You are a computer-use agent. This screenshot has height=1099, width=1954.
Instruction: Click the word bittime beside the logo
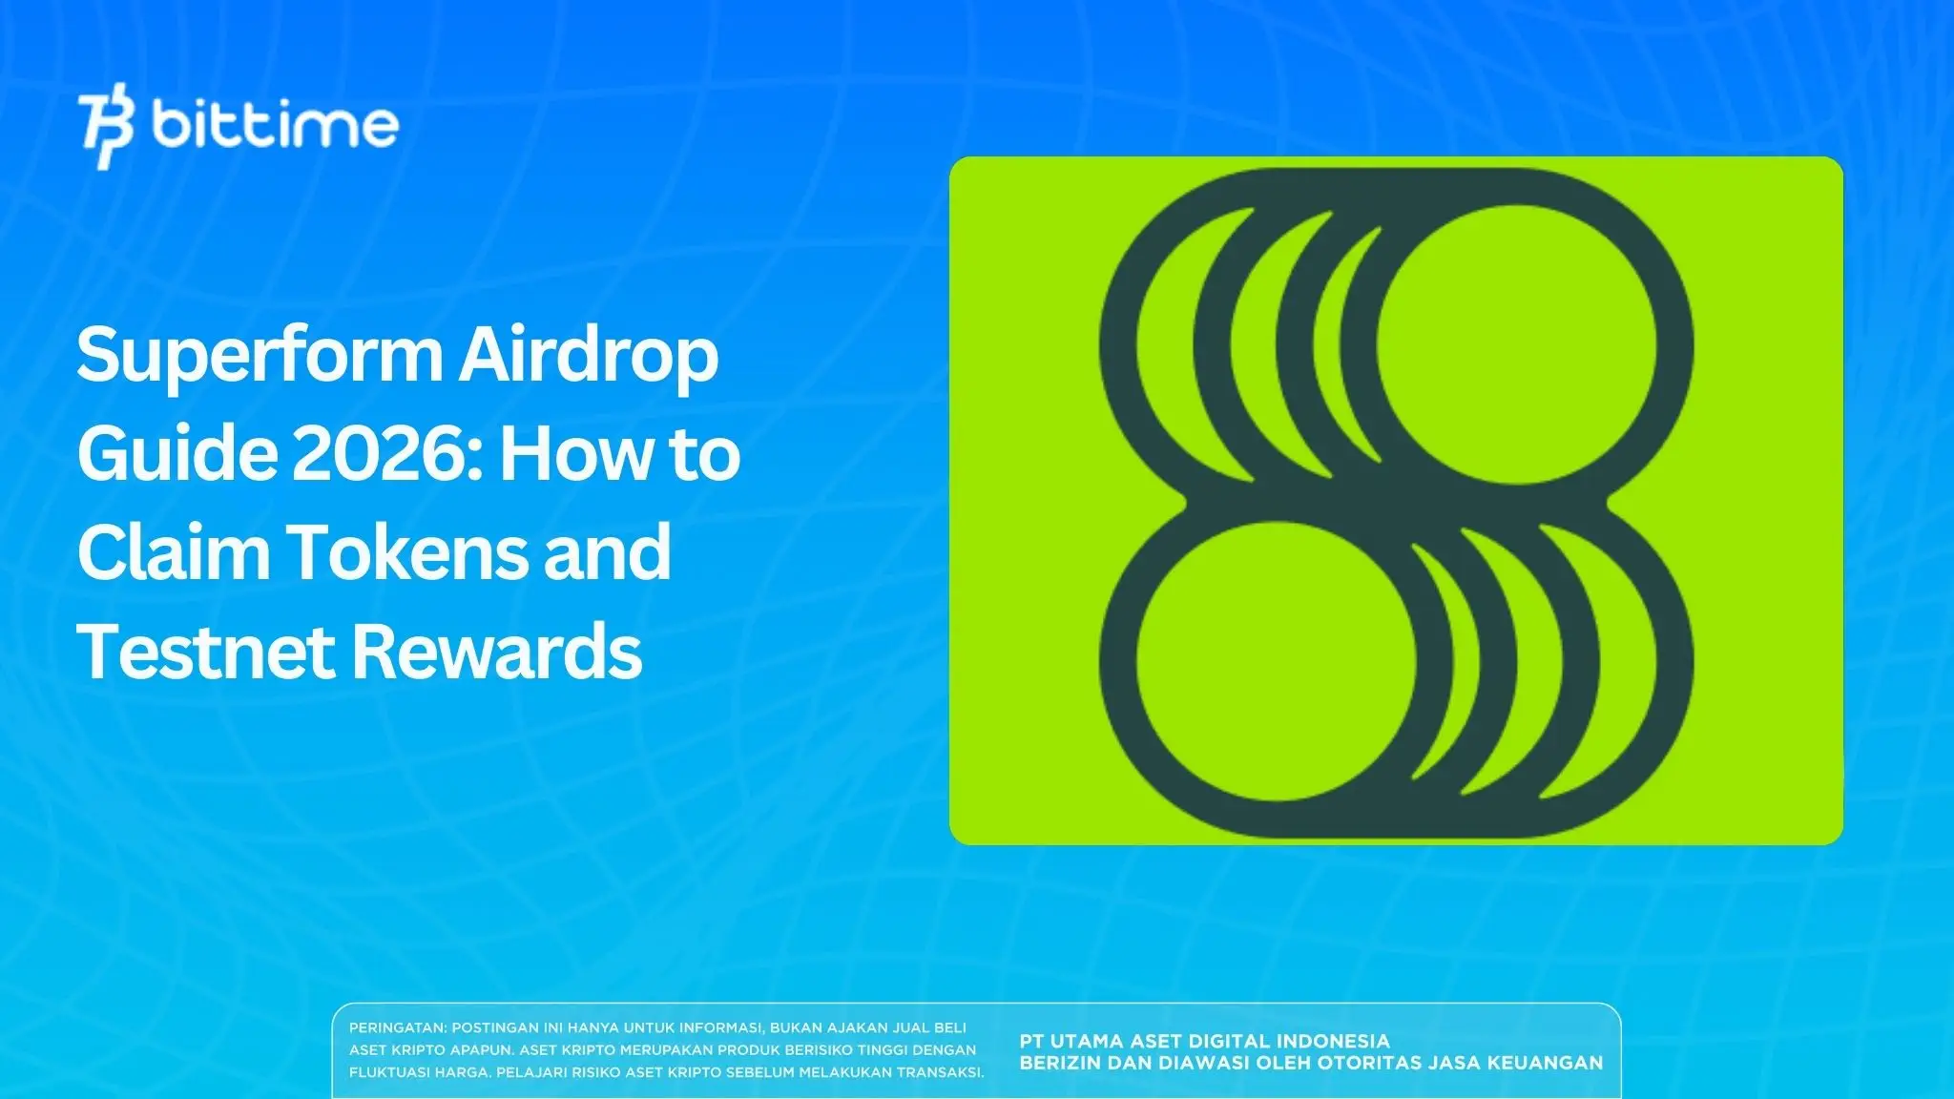click(x=275, y=125)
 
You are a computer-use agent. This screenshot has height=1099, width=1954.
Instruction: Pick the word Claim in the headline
click(x=172, y=552)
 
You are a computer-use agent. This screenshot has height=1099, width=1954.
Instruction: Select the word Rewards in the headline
click(x=497, y=652)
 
